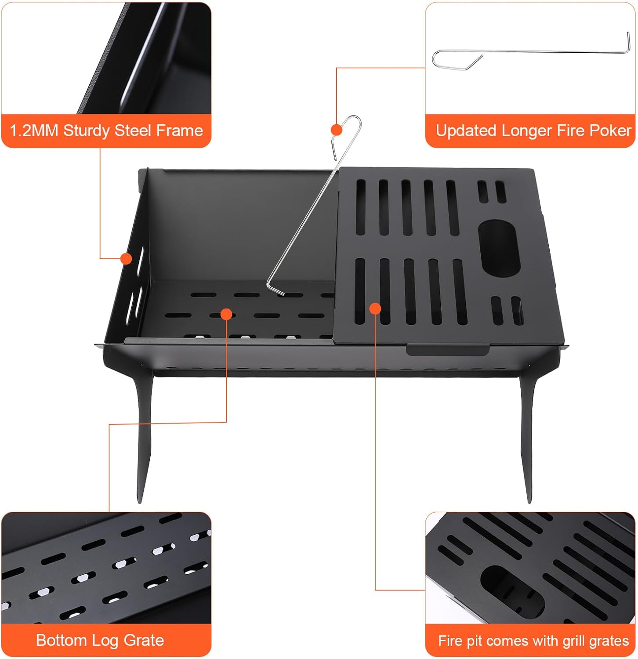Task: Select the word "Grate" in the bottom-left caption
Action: [144, 640]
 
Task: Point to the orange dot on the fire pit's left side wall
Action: [127, 259]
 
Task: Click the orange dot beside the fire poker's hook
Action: [337, 130]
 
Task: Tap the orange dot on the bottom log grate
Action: [226, 314]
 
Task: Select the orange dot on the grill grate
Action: [375, 308]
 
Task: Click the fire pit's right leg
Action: [526, 437]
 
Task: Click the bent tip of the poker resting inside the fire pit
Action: [275, 289]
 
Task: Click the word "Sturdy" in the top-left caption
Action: [87, 130]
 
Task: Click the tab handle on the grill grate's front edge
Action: [447, 349]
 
